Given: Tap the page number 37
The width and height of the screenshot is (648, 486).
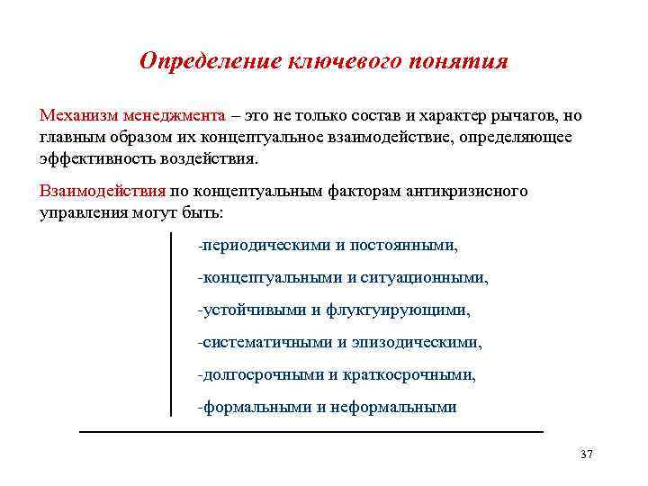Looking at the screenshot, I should (587, 454).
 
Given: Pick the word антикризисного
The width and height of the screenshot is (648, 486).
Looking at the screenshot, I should (469, 191).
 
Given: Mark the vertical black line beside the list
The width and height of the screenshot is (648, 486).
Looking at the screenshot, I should (171, 324).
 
